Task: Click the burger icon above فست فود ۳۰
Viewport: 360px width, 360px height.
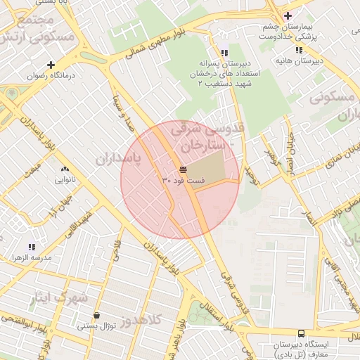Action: (x=183, y=170)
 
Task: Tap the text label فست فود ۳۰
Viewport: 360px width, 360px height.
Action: (x=184, y=181)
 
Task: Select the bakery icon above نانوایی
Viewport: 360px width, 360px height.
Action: (x=65, y=169)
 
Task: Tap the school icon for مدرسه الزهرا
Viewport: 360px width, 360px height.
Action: (x=31, y=247)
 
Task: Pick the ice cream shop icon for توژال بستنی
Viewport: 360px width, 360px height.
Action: (x=96, y=316)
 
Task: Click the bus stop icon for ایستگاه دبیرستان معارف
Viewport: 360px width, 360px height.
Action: (x=301, y=333)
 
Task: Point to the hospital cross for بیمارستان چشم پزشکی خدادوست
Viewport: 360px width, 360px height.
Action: (x=287, y=15)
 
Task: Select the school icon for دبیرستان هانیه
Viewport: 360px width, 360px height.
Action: (x=300, y=50)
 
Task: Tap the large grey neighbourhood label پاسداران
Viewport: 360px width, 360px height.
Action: (x=118, y=160)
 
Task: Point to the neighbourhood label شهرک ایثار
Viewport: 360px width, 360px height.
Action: (x=59, y=297)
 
